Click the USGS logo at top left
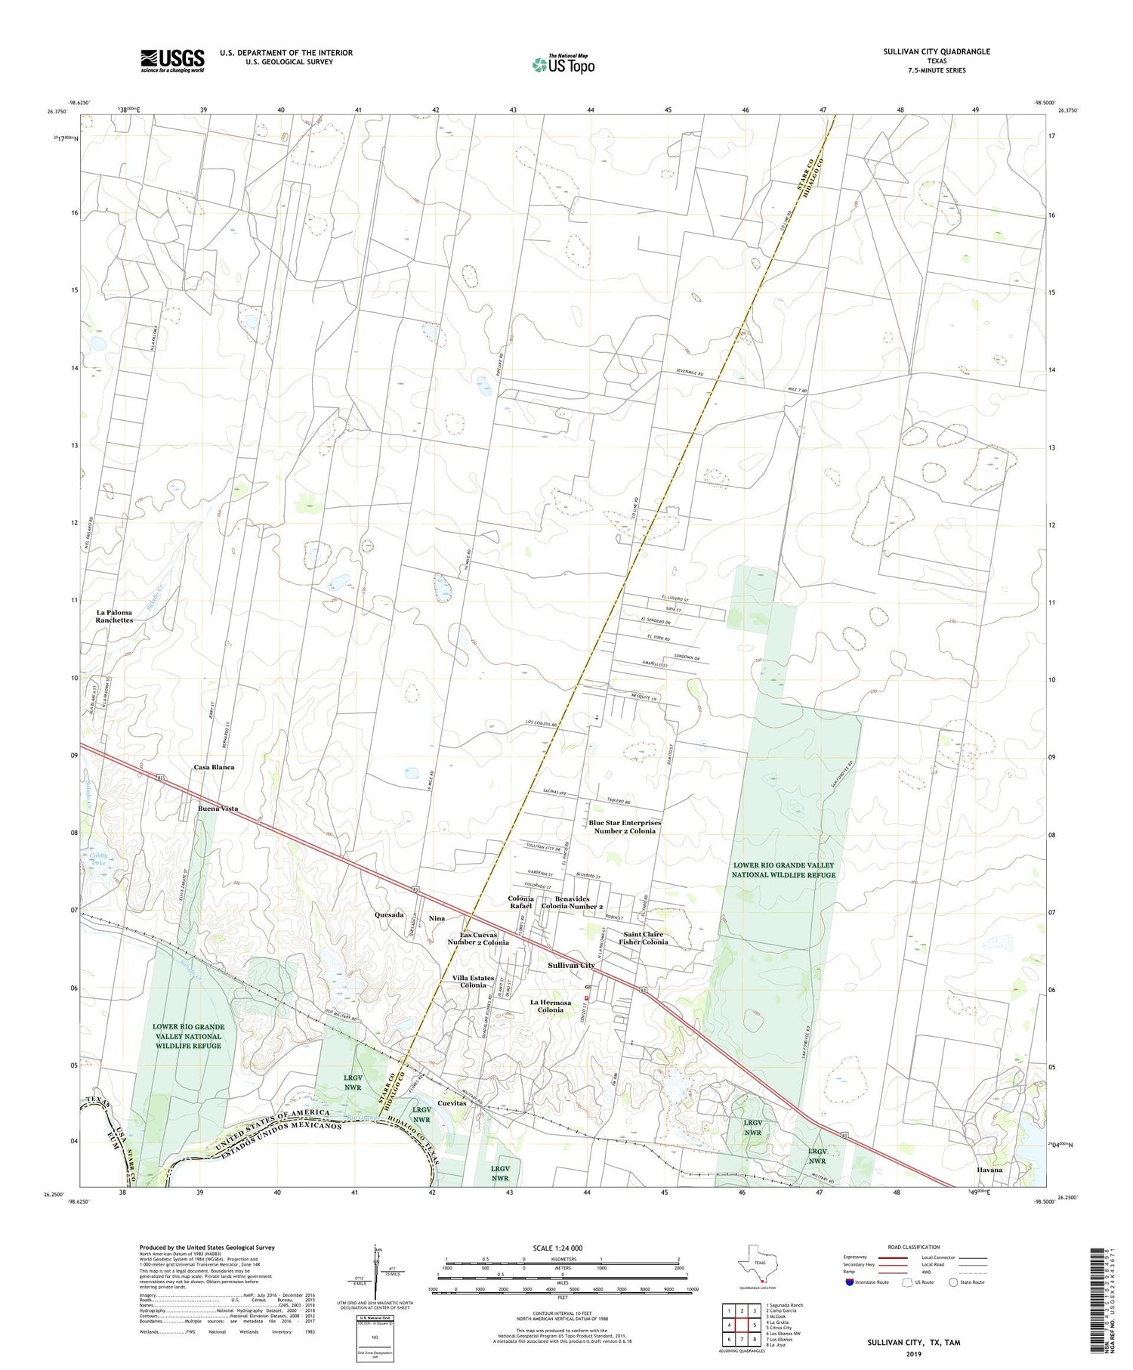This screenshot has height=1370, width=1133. [171, 60]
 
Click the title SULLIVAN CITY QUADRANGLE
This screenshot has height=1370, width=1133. [936, 51]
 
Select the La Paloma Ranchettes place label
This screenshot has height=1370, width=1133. [114, 617]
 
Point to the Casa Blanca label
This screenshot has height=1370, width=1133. [214, 767]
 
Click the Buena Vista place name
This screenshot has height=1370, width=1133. [218, 809]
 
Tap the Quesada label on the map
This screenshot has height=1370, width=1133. [389, 914]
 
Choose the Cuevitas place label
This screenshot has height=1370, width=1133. [451, 1103]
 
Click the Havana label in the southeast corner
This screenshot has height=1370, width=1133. [987, 1170]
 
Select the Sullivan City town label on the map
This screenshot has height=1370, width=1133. [571, 965]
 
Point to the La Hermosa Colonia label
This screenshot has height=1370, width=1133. [551, 1006]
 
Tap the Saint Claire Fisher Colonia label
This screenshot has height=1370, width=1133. [644, 938]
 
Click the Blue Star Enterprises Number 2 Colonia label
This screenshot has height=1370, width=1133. [625, 827]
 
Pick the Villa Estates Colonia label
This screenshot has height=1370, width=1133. [474, 982]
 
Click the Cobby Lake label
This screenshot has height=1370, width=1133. [96, 861]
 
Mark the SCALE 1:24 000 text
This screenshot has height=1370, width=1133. [562, 1248]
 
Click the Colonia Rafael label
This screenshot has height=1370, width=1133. [520, 902]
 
